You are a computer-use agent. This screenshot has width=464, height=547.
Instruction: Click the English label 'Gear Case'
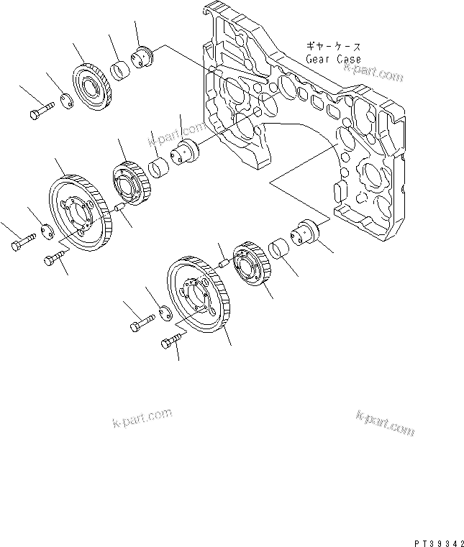[333, 59]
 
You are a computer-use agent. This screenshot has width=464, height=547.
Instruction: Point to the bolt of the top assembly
[42, 111]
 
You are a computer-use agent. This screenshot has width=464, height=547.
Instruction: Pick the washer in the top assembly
[65, 101]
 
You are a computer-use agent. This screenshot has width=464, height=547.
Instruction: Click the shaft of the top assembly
[145, 55]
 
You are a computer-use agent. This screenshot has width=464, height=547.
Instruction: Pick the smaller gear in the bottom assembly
[253, 265]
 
